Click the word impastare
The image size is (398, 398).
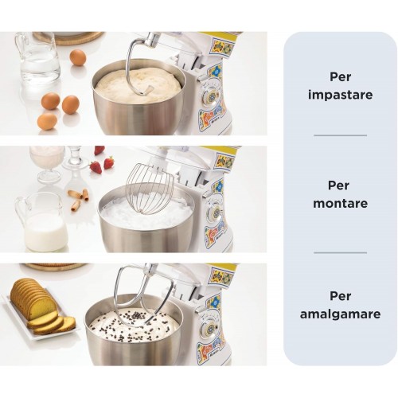coord(340,95)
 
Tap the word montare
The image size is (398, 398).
coord(340,204)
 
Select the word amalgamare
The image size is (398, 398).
coord(340,314)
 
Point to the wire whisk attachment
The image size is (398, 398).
coord(150,189)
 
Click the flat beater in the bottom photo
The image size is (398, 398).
coord(143,297)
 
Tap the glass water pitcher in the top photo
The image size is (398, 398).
coord(38,62)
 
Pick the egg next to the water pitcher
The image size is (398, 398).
coord(78,57)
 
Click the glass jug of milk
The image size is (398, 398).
coord(42,222)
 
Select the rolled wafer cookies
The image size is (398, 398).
coord(79,198)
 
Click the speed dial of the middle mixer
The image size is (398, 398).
coord(217,213)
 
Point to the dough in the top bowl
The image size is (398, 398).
coord(139,85)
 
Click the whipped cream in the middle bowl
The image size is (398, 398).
coord(146,215)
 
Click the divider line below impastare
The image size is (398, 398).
coord(340,135)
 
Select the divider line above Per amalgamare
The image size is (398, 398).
coord(340,252)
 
